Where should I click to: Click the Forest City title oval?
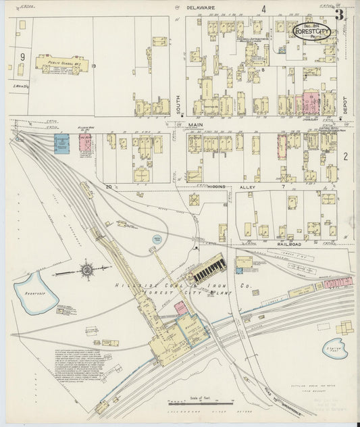pos(311,31)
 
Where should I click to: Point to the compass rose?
pos(87,271)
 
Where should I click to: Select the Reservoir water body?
pos(35,293)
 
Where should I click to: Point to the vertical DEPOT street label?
pos(344,102)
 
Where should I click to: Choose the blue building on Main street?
pos(61,145)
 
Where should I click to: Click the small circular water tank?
pos(157,238)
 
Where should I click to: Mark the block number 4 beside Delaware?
pos(264,9)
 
